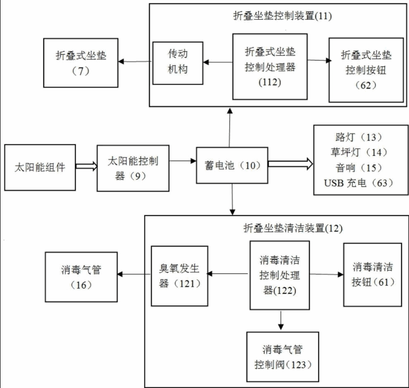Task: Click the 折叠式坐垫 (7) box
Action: [x=80, y=63]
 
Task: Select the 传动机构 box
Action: [x=177, y=63]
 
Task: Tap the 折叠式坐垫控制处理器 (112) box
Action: [x=269, y=66]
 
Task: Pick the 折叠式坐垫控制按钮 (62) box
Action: [x=366, y=70]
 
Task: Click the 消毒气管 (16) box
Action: [x=80, y=276]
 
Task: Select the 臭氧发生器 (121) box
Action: [x=179, y=276]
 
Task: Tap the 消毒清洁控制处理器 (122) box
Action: [x=279, y=275]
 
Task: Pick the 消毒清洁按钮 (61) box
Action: [x=372, y=274]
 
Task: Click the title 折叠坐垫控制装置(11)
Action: [x=282, y=15]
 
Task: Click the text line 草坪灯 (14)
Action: [x=357, y=152]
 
